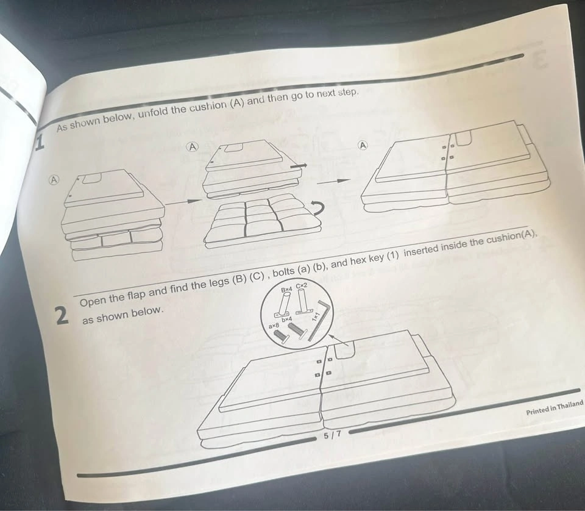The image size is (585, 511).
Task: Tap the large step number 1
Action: click(x=40, y=143)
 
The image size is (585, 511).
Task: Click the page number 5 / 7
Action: click(x=332, y=435)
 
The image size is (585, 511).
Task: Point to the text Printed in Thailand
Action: click(x=555, y=407)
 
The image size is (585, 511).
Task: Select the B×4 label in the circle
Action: click(x=287, y=289)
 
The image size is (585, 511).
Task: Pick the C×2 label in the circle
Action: click(x=302, y=286)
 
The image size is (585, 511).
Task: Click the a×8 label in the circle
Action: click(x=274, y=326)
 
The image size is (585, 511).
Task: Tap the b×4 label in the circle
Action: click(x=286, y=320)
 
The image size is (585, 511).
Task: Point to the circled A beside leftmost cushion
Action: click(x=54, y=179)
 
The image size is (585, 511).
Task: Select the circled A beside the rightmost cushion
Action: click(x=363, y=145)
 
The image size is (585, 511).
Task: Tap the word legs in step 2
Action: click(x=217, y=282)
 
